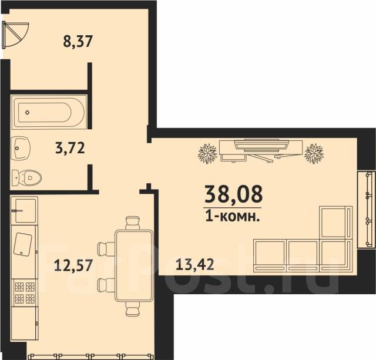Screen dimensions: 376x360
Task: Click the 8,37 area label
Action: (78, 41)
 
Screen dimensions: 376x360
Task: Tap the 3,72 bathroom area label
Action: (70, 148)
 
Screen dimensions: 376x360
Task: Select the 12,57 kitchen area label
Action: (73, 265)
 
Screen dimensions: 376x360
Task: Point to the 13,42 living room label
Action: (194, 264)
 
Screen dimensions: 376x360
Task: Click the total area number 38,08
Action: (234, 194)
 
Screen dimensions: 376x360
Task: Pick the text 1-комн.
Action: (233, 217)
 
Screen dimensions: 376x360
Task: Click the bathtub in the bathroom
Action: (49, 112)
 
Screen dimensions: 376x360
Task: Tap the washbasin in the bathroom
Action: (21, 148)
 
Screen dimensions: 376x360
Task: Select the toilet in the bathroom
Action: (26, 178)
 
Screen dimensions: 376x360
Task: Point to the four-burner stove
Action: (25, 292)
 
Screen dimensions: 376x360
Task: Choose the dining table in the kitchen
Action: (134, 265)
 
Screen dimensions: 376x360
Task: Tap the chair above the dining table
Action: (133, 223)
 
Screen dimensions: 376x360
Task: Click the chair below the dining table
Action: (133, 308)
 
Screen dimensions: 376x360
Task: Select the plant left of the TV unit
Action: (207, 154)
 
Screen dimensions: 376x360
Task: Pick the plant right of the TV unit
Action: (314, 154)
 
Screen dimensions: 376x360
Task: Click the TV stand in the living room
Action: (261, 150)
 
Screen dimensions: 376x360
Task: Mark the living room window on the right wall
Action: (366, 210)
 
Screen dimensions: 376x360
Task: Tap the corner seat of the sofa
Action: (336, 255)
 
